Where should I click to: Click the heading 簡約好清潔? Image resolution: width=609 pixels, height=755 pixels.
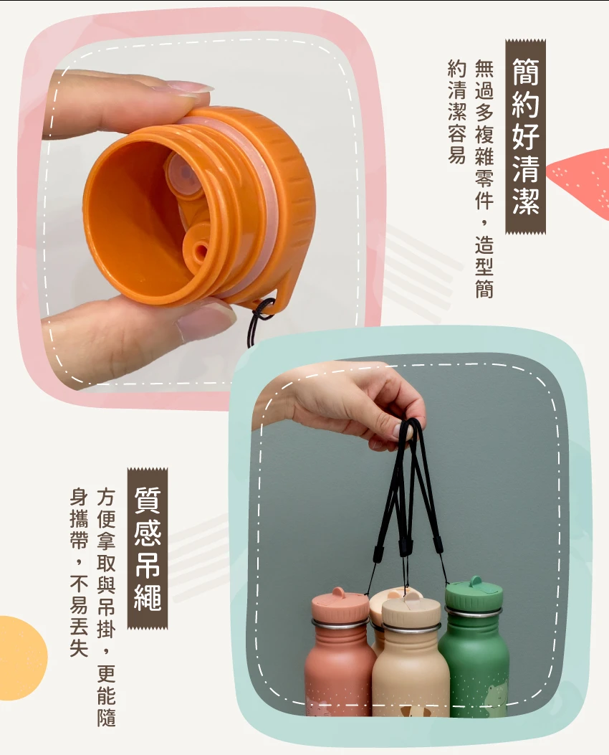525,136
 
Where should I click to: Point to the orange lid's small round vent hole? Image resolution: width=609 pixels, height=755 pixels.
201,250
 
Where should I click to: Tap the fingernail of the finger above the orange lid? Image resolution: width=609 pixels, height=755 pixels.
191,88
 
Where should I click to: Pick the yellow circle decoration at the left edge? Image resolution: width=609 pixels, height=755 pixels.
21,658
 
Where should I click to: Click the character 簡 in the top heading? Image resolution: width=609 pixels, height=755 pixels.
525,72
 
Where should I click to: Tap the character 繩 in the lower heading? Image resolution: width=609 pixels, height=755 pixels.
148,597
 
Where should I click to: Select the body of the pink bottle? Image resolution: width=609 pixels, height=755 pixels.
340,669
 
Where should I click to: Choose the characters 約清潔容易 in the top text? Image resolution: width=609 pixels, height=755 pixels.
456,112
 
